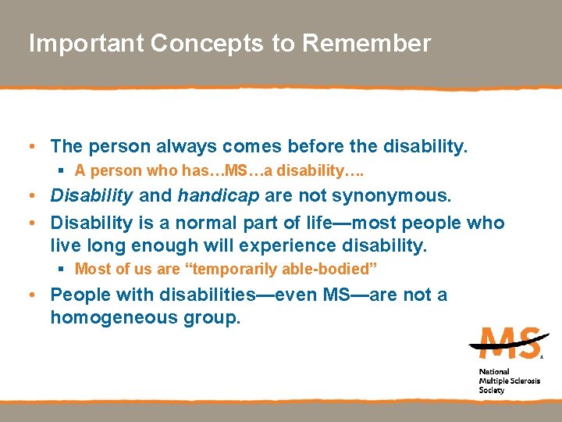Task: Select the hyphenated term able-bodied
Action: (x=340, y=270)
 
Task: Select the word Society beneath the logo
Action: (x=492, y=390)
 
